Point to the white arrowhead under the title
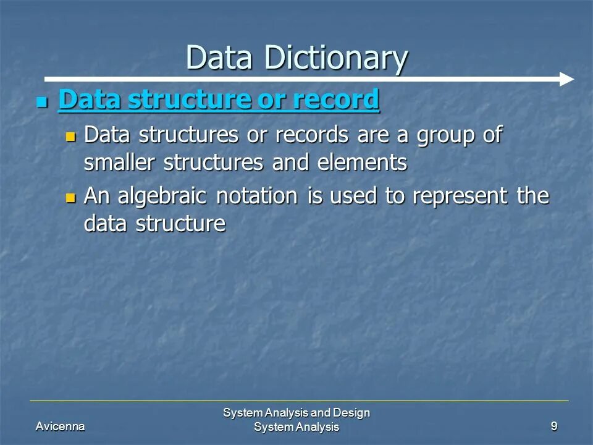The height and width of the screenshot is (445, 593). point(566,79)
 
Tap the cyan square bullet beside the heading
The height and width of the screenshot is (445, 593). point(42,101)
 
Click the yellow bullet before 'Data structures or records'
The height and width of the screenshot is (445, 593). point(70,135)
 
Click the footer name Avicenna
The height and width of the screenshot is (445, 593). point(61,426)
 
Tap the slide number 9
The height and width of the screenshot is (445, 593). point(554,426)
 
